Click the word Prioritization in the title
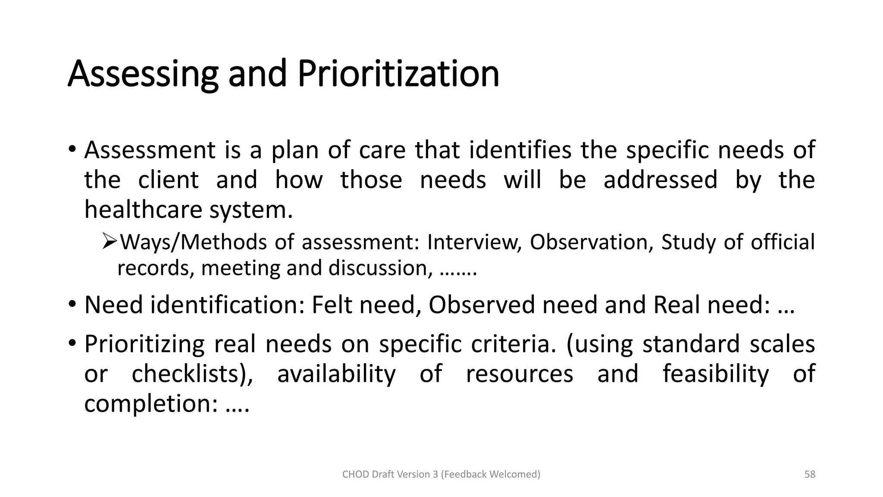[x=398, y=74]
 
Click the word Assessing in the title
[x=143, y=74]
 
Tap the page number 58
[x=810, y=474]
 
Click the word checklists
[x=191, y=374]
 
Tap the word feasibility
[x=715, y=374]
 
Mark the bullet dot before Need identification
[x=72, y=304]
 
